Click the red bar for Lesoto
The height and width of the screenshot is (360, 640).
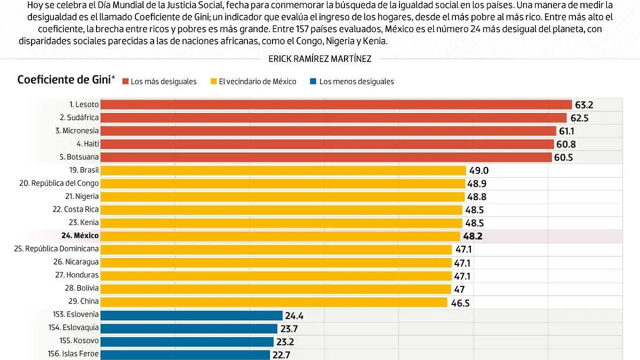coord(336,105)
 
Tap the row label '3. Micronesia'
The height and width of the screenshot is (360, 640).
coord(77,131)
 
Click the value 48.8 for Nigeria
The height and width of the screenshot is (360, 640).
coord(477,197)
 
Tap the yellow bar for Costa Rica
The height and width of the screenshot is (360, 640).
coord(282,210)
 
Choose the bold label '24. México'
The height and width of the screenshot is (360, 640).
coord(80,236)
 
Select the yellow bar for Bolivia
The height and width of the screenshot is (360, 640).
coord(276,289)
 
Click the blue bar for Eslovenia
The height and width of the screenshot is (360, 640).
coord(191,315)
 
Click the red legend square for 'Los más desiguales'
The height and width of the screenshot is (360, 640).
coord(125,82)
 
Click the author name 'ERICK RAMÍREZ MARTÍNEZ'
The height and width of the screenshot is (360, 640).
coord(320,59)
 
